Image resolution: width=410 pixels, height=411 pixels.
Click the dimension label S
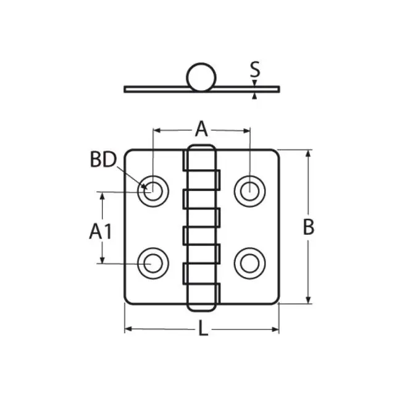(255, 69)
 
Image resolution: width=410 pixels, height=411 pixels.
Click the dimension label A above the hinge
(201, 129)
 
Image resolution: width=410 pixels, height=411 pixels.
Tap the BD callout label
(103, 159)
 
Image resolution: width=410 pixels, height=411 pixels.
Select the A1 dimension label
(101, 231)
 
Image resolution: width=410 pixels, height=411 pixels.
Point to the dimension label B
(308, 227)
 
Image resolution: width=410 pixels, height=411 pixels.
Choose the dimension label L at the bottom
(203, 328)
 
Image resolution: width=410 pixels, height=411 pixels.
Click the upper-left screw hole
(153, 191)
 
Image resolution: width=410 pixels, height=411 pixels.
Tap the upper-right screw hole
(250, 191)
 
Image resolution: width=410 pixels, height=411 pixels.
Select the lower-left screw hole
(153, 263)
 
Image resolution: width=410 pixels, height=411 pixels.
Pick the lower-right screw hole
(250, 263)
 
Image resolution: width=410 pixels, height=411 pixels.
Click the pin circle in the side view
(201, 77)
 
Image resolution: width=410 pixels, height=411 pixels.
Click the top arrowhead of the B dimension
(308, 154)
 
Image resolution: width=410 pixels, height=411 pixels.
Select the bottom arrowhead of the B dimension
(308, 300)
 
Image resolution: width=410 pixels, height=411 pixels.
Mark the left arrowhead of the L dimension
(128, 329)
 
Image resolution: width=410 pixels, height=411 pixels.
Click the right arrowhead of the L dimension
(275, 329)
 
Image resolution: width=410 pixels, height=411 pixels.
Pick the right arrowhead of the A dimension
(246, 130)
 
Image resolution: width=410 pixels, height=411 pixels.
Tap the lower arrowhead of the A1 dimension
(102, 259)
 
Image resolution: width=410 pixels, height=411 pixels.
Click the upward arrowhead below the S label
(254, 96)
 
